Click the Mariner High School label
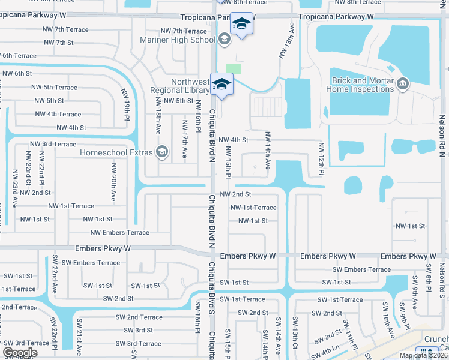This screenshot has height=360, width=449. point(177,40)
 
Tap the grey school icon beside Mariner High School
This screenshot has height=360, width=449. point(224,40)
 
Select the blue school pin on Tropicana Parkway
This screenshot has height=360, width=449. point(241,25)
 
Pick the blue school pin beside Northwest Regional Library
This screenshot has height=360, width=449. point(221,85)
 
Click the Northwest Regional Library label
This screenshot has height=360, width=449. point(190,86)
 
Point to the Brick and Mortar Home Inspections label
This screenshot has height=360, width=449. point(360,85)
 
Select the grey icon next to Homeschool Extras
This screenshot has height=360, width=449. point(161,152)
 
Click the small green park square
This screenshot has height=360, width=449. point(234,68)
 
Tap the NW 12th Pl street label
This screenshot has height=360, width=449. point(322,159)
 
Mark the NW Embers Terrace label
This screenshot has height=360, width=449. point(119,233)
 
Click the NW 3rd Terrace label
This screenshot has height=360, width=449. point(52,145)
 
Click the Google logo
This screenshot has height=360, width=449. point(20,353)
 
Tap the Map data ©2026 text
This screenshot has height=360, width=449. point(422,355)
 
